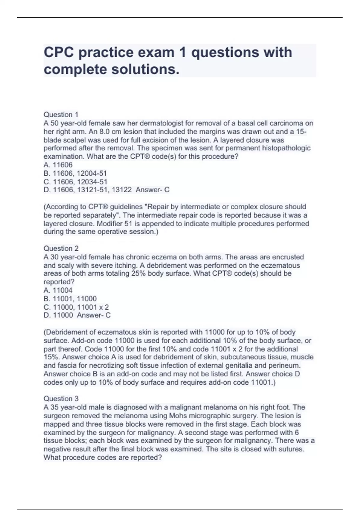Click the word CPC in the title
pyautogui.click(x=58, y=52)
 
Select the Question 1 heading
pyautogui.click(x=61, y=115)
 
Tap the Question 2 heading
pyautogui.click(x=61, y=248)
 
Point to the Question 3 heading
pyautogui.click(x=61, y=399)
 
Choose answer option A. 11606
pyautogui.click(x=58, y=165)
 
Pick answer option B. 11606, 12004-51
pyautogui.click(x=75, y=173)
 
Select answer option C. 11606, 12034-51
pyautogui.click(x=75, y=181)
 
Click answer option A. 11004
pyautogui.click(x=58, y=290)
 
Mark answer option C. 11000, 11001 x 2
pyautogui.click(x=76, y=307)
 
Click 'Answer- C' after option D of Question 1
pyautogui.click(x=152, y=190)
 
